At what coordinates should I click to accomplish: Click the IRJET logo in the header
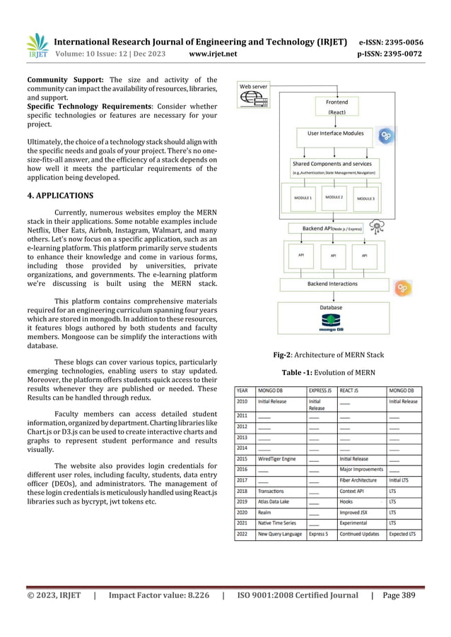pos(37,43)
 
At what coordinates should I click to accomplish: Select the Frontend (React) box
pos(336,107)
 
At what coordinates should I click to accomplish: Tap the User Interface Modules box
pos(335,132)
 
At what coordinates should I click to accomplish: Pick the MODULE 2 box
pos(334,198)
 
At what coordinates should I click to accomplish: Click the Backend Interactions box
pos(336,284)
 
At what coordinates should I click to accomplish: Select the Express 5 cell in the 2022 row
pos(318,534)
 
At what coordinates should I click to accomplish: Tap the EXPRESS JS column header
pos(322,389)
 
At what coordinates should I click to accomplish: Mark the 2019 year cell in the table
pos(242,501)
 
